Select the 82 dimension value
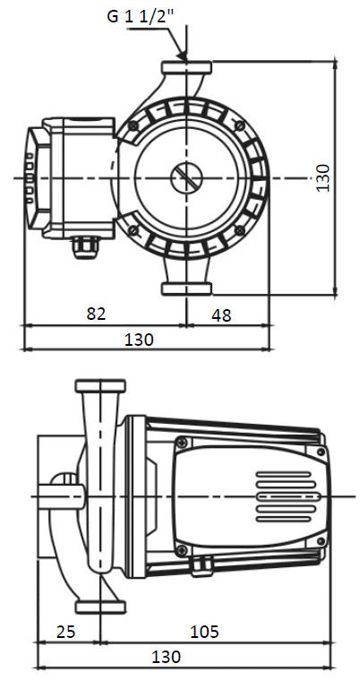[96, 314]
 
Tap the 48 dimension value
[221, 315]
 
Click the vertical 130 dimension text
[323, 178]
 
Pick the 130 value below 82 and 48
[139, 340]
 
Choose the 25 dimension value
[66, 631]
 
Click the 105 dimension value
[205, 631]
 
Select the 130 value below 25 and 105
[167, 657]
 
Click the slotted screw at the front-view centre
[186, 178]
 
